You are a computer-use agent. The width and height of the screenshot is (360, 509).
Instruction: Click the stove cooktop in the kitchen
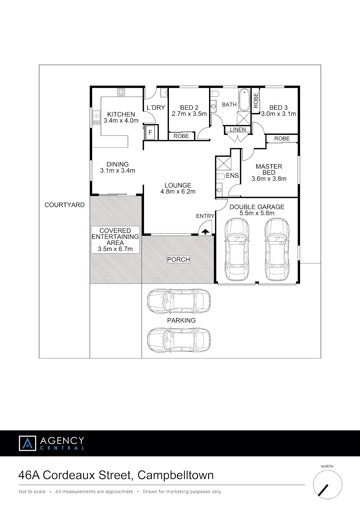click(121, 92)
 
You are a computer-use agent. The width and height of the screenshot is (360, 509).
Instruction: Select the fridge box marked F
click(150, 132)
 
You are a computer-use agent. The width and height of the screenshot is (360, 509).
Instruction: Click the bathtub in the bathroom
click(244, 100)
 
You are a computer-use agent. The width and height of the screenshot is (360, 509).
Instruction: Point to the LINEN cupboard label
click(238, 130)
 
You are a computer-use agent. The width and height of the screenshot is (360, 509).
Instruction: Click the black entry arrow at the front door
click(205, 232)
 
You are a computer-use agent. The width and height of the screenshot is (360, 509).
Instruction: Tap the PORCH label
click(178, 260)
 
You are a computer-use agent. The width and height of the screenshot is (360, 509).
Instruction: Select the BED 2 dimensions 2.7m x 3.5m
click(189, 114)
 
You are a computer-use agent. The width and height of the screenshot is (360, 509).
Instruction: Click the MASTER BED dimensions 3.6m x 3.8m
click(269, 179)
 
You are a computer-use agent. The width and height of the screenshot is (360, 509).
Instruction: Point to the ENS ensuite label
click(232, 176)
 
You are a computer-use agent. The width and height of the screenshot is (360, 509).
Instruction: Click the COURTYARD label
click(64, 205)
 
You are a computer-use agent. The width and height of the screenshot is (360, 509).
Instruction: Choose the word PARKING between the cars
click(181, 320)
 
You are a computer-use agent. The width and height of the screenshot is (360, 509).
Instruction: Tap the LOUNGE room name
click(178, 185)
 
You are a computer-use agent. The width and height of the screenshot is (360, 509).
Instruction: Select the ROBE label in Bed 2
click(181, 136)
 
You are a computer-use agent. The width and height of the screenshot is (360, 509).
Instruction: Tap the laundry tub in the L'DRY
click(164, 93)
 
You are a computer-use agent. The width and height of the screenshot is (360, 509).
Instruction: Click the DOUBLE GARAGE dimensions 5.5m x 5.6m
click(257, 213)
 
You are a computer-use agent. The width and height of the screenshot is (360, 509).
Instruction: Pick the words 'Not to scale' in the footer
click(32, 492)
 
